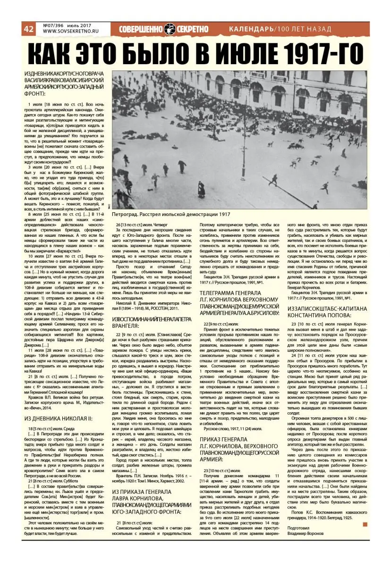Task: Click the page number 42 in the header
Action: (x=28, y=29)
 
